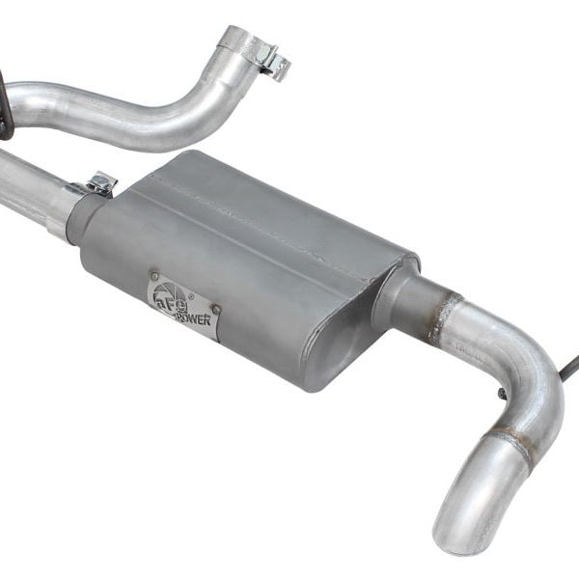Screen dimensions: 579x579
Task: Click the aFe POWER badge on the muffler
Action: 182,307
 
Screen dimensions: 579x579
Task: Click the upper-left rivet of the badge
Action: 154,280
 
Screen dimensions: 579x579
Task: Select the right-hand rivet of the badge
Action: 216,310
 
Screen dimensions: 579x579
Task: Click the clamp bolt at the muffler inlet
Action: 100,180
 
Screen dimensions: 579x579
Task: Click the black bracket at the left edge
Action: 5,106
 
